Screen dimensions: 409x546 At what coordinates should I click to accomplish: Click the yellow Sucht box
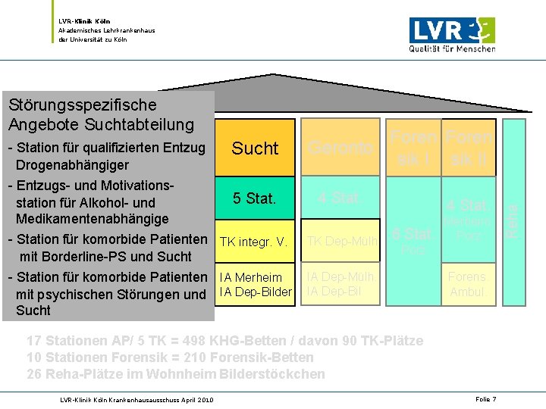[x=255, y=148]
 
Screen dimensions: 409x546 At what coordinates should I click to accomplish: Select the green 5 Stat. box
[x=255, y=198]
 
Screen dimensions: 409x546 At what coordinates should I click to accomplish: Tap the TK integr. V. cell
[x=253, y=242]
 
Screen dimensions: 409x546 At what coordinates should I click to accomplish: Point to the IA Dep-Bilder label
[x=255, y=292]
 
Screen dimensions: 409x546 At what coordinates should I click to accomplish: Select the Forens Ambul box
[x=468, y=285]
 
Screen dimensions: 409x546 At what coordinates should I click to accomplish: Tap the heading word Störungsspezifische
[x=81, y=105]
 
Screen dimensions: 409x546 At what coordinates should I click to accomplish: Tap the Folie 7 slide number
[x=486, y=399]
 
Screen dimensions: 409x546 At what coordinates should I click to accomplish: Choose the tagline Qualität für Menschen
[x=452, y=49]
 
